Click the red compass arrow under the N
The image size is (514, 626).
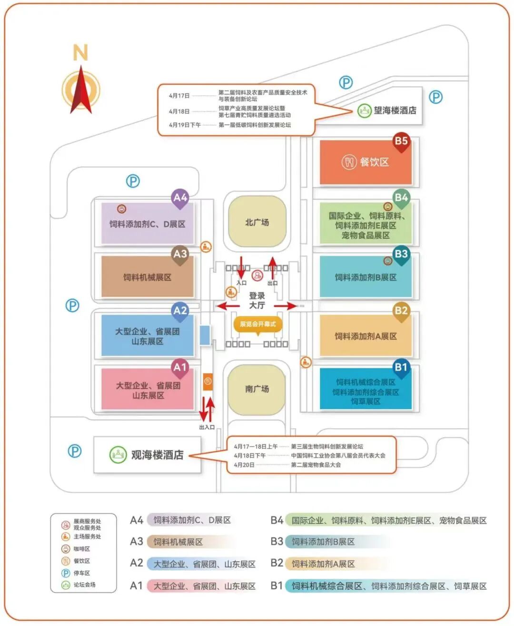(81, 90)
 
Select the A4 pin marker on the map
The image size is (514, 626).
(180, 198)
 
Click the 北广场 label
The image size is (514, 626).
(257, 222)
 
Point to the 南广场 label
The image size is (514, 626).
(257, 389)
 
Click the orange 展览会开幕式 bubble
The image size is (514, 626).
(257, 324)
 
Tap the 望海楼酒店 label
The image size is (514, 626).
(395, 110)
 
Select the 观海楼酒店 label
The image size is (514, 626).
(157, 455)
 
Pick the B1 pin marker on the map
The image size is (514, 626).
(401, 368)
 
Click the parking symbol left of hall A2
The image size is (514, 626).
(72, 305)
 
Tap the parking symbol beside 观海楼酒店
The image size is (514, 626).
(74, 451)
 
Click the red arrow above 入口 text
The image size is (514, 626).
(241, 267)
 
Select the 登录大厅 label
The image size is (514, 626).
(257, 300)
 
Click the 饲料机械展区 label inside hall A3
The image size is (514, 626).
(147, 277)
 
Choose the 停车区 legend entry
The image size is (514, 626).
(81, 573)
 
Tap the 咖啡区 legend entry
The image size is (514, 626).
(81, 549)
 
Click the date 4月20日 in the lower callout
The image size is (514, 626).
(244, 465)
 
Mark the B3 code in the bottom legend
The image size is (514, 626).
(277, 541)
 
